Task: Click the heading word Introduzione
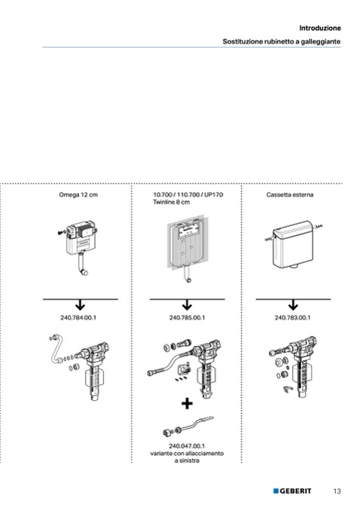(320, 28)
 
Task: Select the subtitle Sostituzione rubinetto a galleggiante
(282, 41)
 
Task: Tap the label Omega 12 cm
(78, 194)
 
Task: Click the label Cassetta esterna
(290, 194)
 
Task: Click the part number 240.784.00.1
(78, 317)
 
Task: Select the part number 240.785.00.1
(187, 317)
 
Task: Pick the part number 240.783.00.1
(292, 317)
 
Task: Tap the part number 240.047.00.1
(187, 446)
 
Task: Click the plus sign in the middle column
(187, 404)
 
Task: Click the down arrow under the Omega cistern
(80, 306)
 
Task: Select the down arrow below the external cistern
(293, 306)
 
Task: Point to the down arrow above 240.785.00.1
(187, 306)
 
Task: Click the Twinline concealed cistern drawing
(186, 248)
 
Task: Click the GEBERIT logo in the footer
(292, 491)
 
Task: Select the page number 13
(337, 491)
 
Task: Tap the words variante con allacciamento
(187, 453)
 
